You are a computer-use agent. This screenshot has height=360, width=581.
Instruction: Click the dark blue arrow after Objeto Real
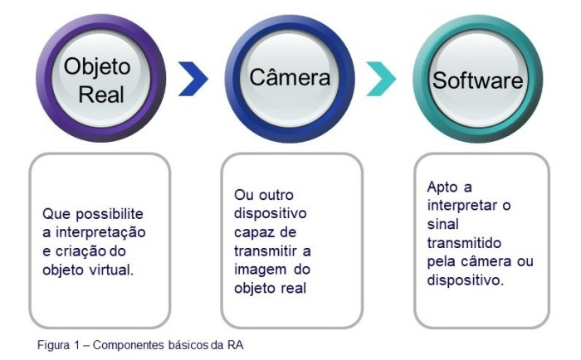193,80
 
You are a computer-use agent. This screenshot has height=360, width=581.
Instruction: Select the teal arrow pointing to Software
381,80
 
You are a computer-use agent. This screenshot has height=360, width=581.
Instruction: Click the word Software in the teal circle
477,80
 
